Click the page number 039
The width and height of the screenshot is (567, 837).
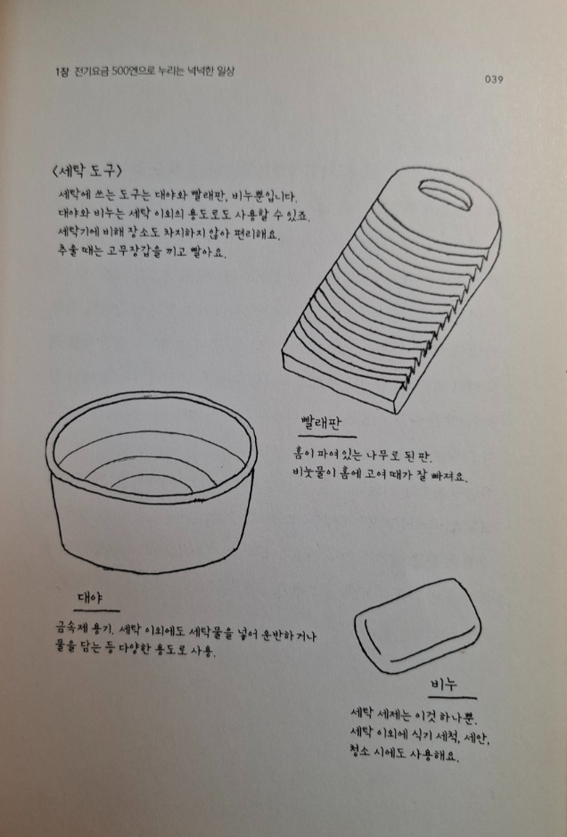tap(494, 79)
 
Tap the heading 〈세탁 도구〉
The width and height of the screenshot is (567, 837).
tap(87, 171)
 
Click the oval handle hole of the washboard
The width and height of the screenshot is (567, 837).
tap(445, 194)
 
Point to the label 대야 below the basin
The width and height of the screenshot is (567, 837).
tap(89, 597)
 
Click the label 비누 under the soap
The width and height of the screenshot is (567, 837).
tap(444, 684)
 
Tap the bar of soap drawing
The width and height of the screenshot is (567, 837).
tap(417, 626)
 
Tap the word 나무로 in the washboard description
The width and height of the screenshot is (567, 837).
tap(382, 455)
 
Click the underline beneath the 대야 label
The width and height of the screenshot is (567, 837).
tap(96, 610)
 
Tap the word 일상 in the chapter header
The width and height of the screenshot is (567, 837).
tap(226, 71)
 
